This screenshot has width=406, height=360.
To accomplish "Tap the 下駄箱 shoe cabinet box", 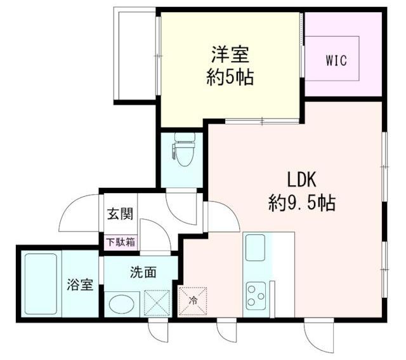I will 120,242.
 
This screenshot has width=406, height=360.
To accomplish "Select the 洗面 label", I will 143,272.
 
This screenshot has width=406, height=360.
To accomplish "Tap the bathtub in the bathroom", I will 41,283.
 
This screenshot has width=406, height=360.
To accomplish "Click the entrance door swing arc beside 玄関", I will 79,213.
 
